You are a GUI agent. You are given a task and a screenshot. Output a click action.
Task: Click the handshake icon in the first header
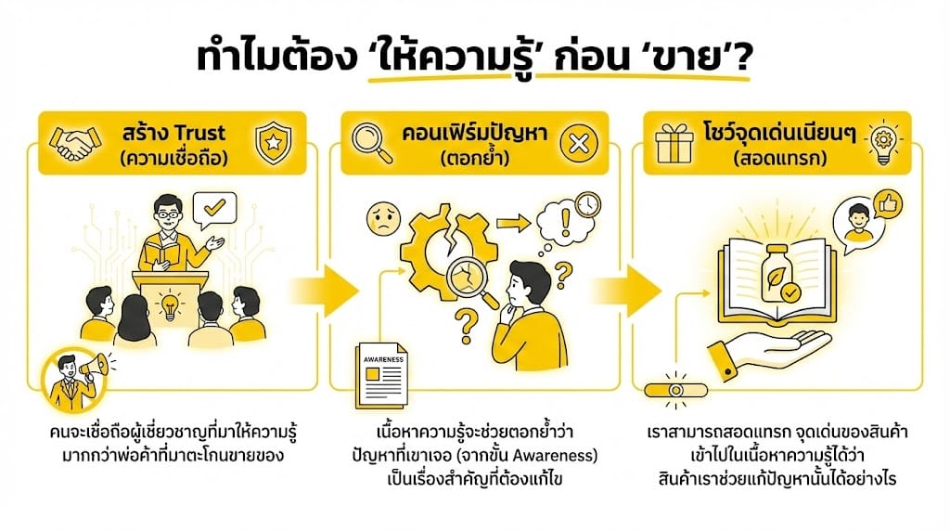(75, 143)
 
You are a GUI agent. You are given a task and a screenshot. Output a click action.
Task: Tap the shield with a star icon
(274, 143)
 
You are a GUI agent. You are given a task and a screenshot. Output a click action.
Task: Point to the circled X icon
(579, 144)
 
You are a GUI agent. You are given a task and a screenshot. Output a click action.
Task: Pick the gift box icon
(674, 143)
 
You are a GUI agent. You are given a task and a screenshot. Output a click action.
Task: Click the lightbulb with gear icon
(883, 144)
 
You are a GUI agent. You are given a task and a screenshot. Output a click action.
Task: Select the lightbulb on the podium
(170, 306)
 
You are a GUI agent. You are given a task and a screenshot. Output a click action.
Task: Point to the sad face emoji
(383, 219)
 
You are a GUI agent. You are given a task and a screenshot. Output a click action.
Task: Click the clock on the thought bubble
(587, 204)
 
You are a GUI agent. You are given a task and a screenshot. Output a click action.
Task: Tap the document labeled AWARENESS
(381, 376)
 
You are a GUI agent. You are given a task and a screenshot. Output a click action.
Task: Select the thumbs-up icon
(889, 204)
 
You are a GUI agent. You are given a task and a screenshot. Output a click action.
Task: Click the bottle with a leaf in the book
(777, 276)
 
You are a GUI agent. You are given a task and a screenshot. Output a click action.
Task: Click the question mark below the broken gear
(467, 325)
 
